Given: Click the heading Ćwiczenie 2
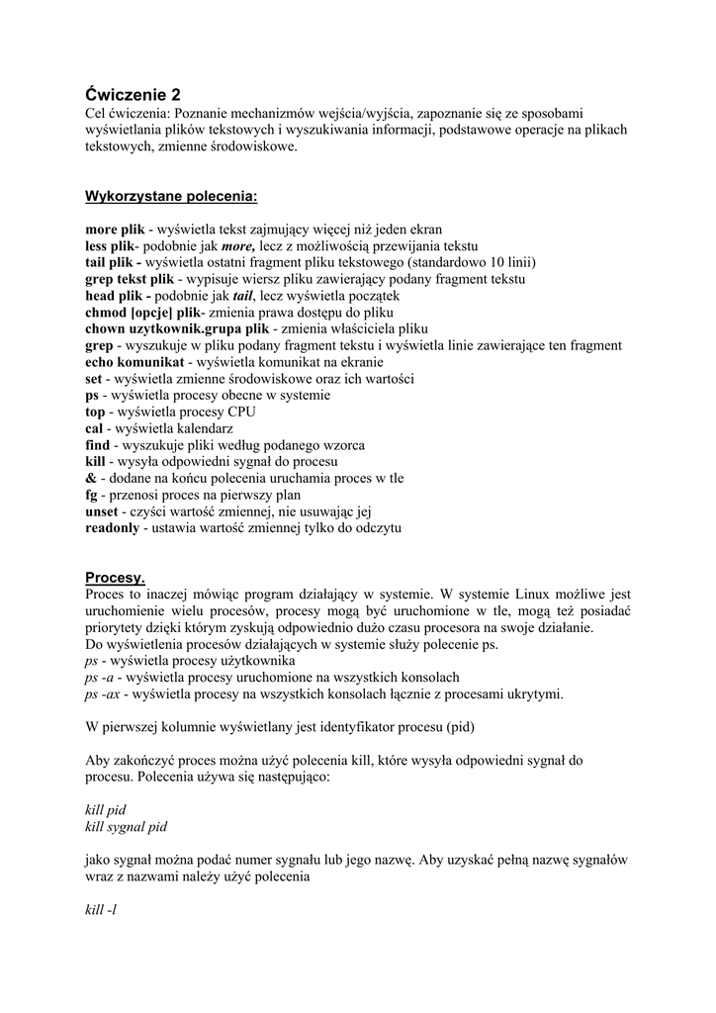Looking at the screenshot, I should [134, 95].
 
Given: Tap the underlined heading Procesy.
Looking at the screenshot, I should [115, 577].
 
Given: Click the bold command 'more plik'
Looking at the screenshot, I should [115, 229].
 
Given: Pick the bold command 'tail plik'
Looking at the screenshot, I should [109, 262].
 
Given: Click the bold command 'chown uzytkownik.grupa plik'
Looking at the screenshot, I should [177, 328].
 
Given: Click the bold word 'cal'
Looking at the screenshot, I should [94, 428].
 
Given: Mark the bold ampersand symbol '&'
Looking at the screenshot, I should [90, 478].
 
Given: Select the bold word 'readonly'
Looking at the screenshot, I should [113, 528].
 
